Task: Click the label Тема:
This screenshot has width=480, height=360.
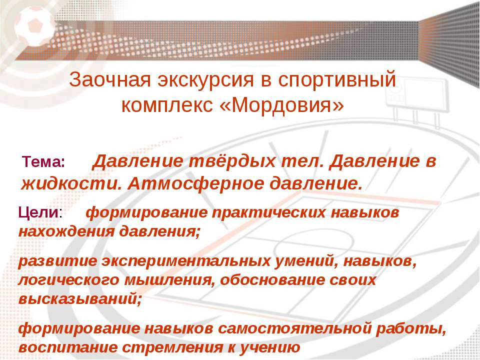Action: point(43,161)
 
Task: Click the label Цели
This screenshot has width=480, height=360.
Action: point(38,212)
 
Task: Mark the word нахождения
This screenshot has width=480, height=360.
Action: point(66,231)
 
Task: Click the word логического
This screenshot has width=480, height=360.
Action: point(69,280)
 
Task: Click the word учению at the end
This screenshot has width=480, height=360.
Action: point(269,348)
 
